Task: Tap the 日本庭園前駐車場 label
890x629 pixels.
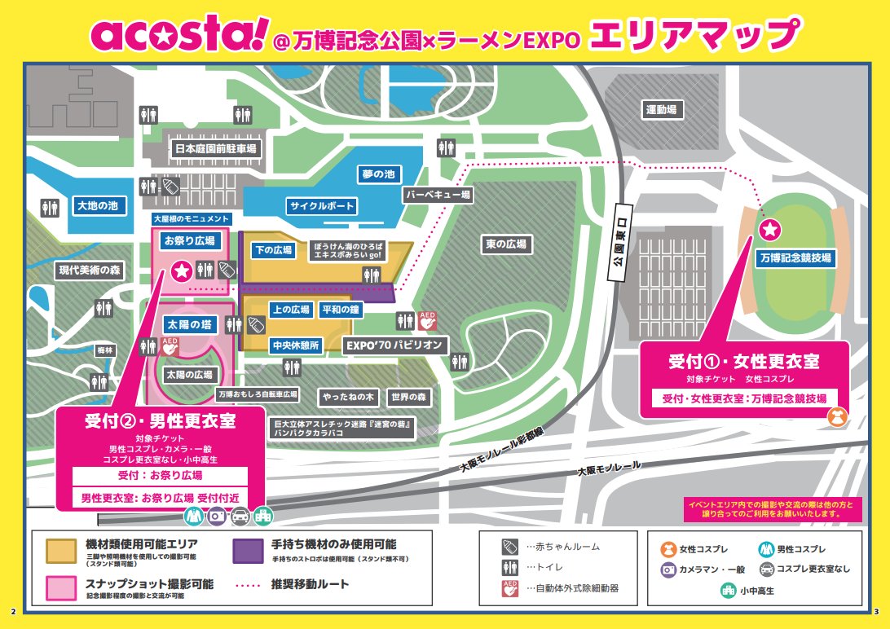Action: (x=216, y=149)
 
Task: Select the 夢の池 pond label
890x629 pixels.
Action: (x=379, y=174)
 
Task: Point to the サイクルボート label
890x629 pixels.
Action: (x=321, y=205)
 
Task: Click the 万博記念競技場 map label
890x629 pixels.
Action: (x=794, y=258)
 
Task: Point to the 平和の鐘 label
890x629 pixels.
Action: (x=340, y=310)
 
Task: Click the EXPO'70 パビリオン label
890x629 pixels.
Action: (x=396, y=345)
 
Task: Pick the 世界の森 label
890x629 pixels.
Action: (x=408, y=398)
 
